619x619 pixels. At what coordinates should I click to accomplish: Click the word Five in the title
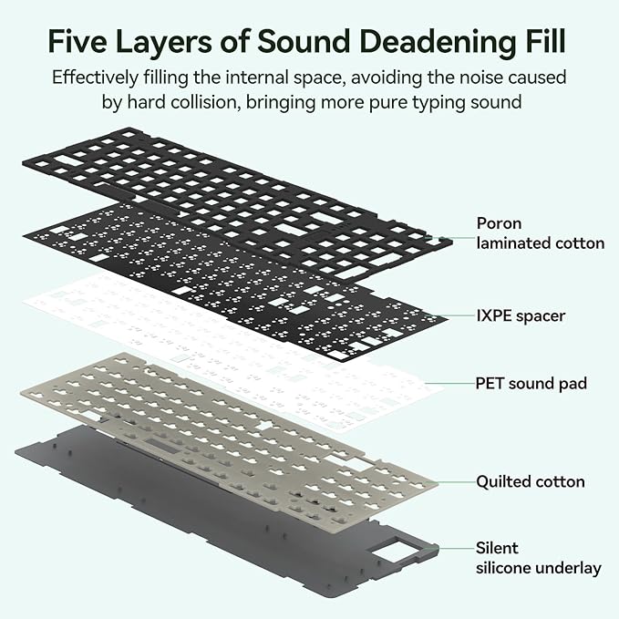pos(77,41)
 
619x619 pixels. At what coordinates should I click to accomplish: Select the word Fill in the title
pos(545,40)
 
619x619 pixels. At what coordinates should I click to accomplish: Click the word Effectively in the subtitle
pos(95,77)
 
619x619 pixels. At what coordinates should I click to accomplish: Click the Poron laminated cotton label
pos(541,233)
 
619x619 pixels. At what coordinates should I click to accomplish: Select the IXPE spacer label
pos(521,315)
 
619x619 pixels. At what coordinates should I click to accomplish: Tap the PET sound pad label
pos(531,383)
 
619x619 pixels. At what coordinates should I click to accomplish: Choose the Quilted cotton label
pos(531,481)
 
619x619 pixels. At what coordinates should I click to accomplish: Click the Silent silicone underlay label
pos(539,558)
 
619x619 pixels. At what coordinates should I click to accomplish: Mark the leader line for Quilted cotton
pos(457,482)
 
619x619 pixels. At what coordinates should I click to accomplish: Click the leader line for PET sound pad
pos(451,383)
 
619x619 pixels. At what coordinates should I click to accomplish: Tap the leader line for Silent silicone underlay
pos(458,548)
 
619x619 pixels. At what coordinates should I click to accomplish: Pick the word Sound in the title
pos(304,41)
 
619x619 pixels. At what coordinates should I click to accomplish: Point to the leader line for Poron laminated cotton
pos(456,238)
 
